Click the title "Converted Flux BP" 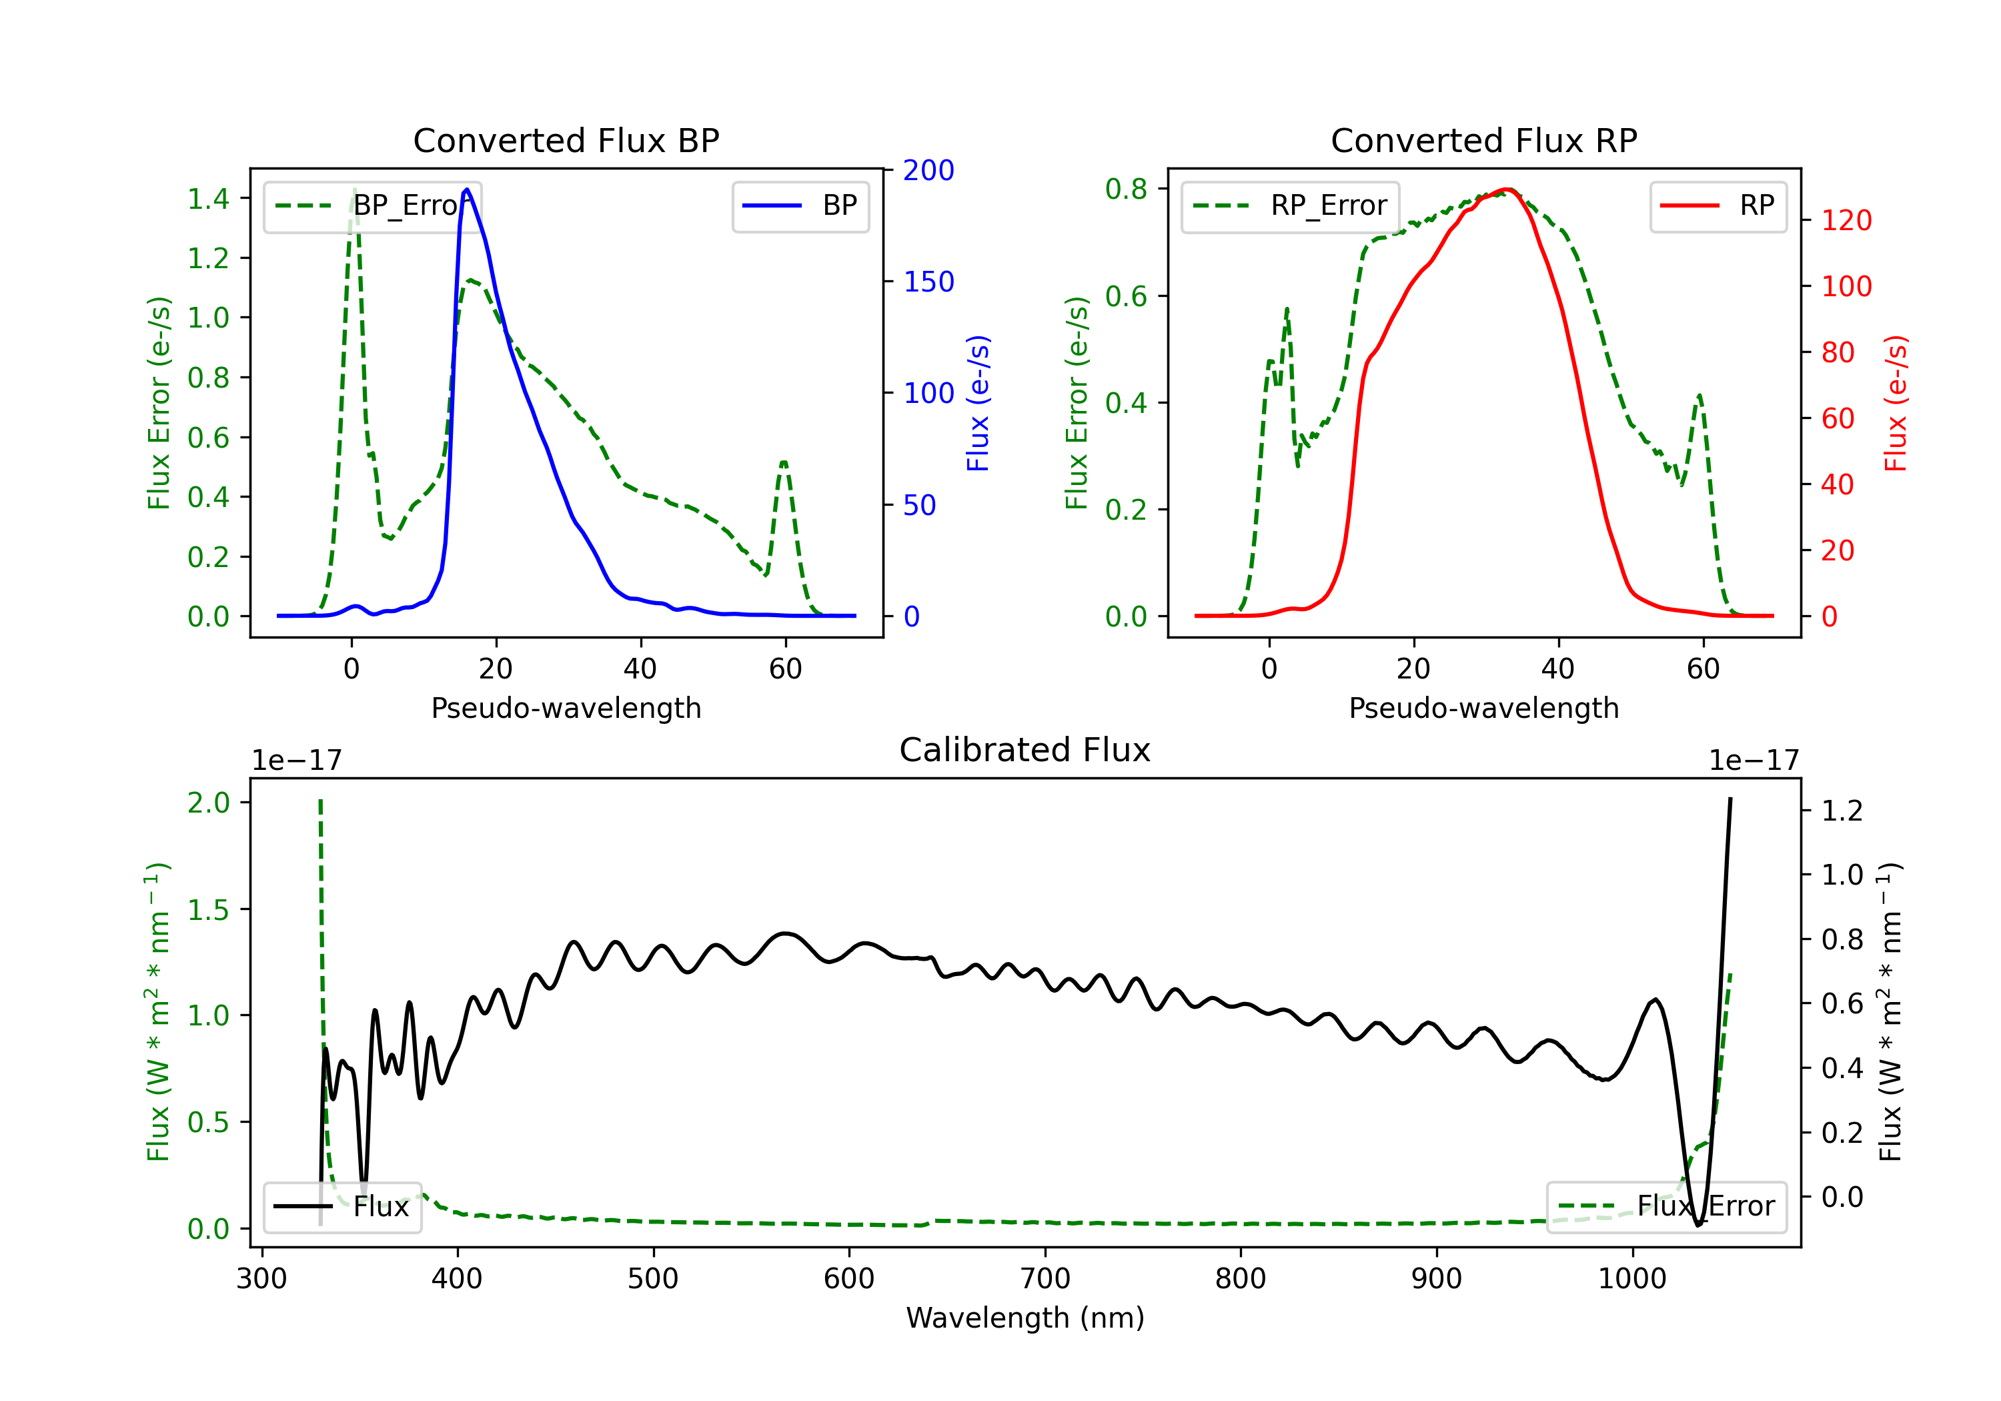click(566, 140)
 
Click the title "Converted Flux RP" click(1484, 140)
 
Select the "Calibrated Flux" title click(1025, 750)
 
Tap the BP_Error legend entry click(373, 205)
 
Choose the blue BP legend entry click(800, 205)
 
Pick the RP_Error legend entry click(1290, 205)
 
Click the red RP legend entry click(1718, 205)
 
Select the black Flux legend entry click(342, 1207)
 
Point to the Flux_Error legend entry click(1666, 1207)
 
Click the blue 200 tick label click(928, 170)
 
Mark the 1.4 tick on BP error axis click(208, 199)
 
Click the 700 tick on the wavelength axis click(1045, 1279)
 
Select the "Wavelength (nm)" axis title click(1025, 1318)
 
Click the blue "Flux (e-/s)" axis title click(978, 403)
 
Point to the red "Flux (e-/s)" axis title click(1896, 403)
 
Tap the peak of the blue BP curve click(467, 189)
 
